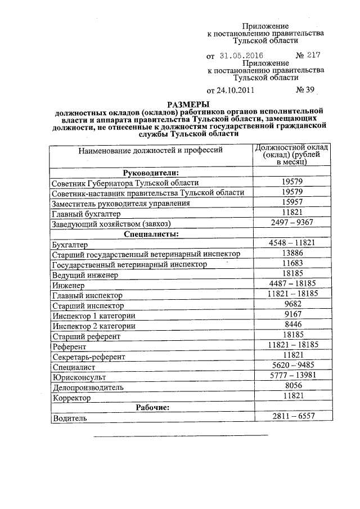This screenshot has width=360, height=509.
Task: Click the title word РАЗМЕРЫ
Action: (x=188, y=104)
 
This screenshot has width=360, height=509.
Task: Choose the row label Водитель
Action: (x=69, y=418)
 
